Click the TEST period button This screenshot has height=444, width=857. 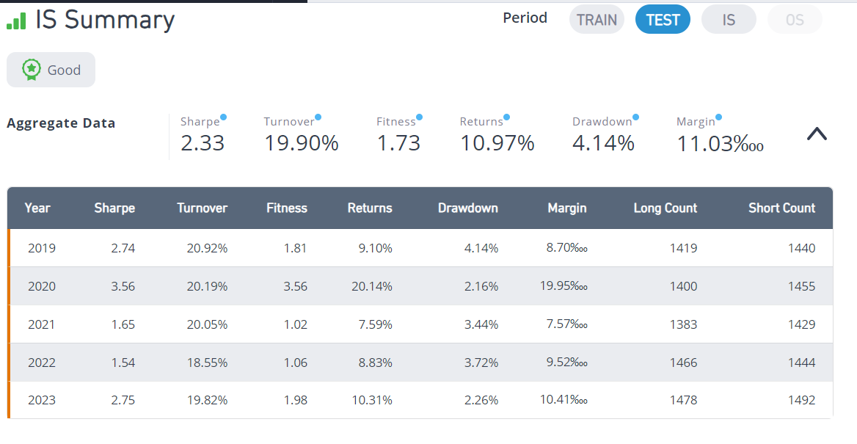663,21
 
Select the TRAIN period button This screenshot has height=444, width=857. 597,21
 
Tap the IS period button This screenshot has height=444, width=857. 729,21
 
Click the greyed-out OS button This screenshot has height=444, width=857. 795,21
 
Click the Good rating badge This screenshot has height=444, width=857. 51,70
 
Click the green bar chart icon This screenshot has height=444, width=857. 16,21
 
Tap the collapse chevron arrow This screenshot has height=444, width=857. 817,134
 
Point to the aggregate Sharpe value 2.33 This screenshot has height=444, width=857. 203,143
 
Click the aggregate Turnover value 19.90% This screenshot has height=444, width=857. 301,143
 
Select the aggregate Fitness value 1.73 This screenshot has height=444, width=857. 398,143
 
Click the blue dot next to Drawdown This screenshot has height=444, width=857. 635,117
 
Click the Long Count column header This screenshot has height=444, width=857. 665,208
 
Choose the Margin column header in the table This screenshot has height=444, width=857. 566,208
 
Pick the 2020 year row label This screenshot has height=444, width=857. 42,286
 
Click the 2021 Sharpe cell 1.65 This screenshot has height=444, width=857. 123,324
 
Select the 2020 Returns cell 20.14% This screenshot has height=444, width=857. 372,286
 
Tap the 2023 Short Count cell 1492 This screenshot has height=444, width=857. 801,400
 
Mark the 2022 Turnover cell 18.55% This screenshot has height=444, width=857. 207,363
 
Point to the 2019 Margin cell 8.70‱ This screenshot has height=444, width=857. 566,248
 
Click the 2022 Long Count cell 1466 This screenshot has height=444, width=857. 683,363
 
